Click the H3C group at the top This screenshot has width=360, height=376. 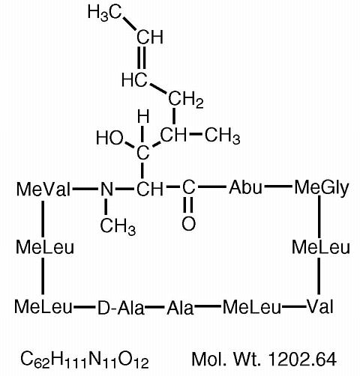coord(104,13)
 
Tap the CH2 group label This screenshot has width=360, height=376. coord(186,100)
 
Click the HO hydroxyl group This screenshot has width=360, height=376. coord(109,138)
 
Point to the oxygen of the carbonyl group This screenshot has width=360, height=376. coord(188,223)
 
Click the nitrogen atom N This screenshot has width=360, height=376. coord(106,189)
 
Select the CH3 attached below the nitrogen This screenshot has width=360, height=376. coord(118,227)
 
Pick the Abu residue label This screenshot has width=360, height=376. coord(245,187)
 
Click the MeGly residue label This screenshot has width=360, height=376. coord(322,189)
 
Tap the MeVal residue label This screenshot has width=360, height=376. coord(43,189)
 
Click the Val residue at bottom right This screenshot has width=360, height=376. coord(320,306)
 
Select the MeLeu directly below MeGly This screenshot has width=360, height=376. coord(321,248)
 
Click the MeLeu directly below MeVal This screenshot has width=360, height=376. coord(45,247)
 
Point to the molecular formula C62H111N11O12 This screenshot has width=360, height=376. coord(85,360)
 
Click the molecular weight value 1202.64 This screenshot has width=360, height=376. coord(302,360)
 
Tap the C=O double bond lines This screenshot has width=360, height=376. coord(188,204)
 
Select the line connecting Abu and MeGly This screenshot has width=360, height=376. coord(278,186)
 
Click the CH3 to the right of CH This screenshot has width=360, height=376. coord(223,136)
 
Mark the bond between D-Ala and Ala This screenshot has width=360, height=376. coord(155,306)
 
